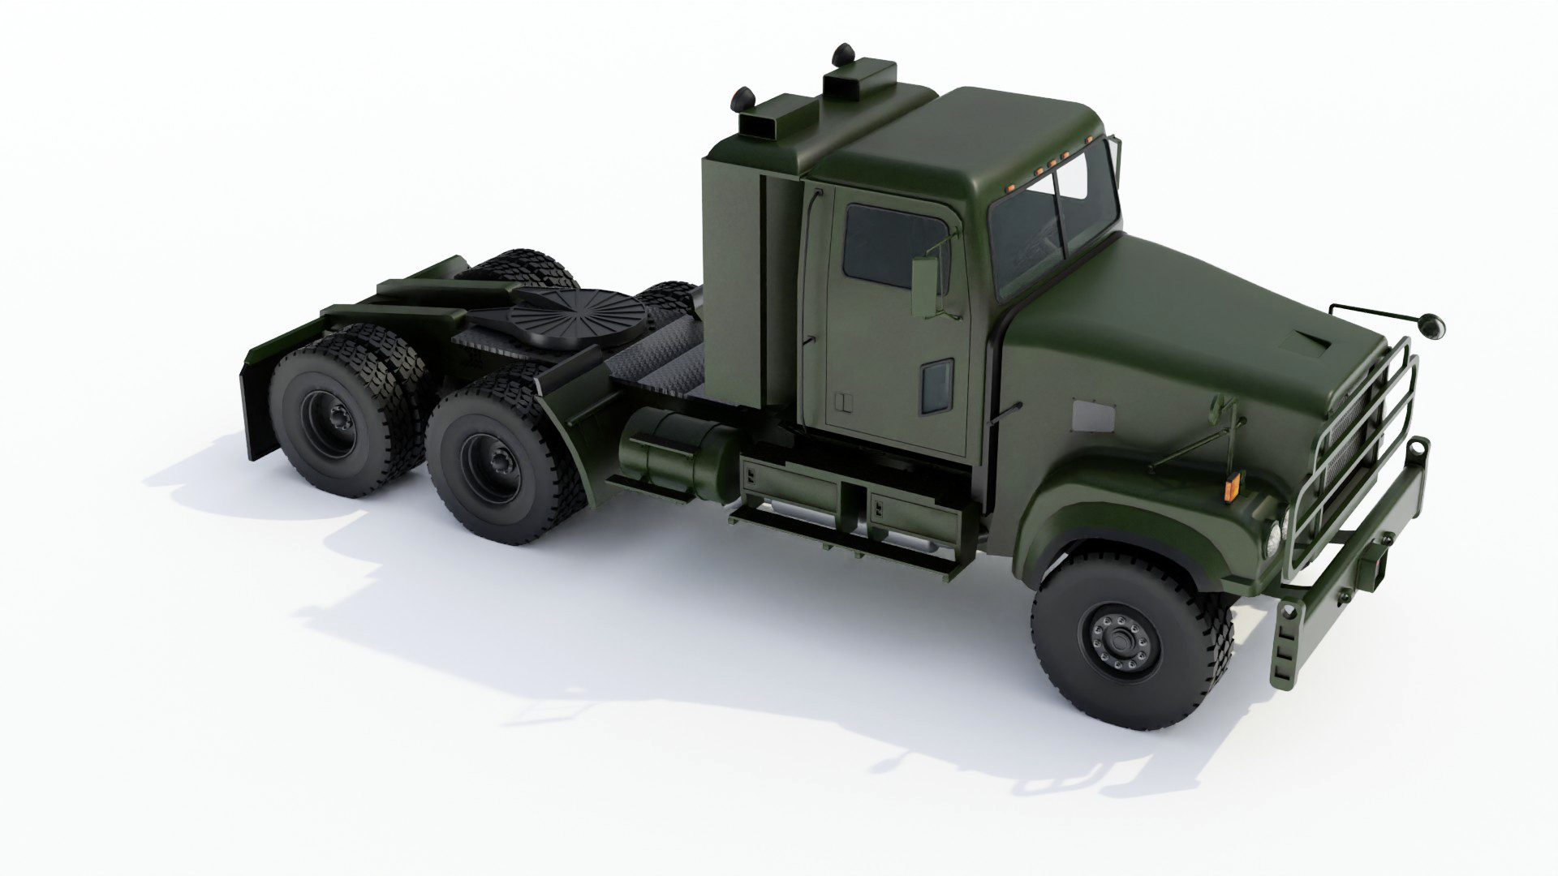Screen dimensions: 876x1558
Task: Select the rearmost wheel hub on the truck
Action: pyautogui.click(x=334, y=421)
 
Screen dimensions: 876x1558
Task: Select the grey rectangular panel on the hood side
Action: pyautogui.click(x=1092, y=416)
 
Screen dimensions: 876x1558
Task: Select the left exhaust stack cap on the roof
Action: pyautogui.click(x=742, y=98)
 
